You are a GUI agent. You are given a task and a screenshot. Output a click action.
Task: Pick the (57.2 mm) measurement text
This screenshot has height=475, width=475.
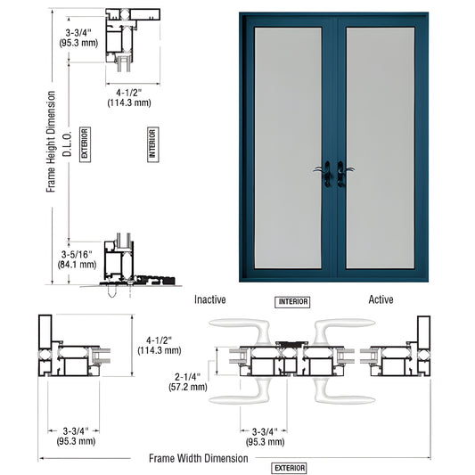(x=188, y=387)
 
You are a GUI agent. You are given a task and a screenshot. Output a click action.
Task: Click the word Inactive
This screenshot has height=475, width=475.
(x=210, y=300)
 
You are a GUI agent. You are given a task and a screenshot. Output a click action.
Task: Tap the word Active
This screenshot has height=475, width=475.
(x=381, y=300)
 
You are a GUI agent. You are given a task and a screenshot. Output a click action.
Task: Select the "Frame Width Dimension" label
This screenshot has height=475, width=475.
(x=199, y=458)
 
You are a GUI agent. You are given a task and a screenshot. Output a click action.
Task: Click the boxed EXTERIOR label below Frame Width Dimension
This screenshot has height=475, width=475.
(x=290, y=468)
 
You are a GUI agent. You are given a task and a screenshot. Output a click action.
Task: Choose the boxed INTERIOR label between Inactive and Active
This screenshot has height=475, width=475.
(x=292, y=302)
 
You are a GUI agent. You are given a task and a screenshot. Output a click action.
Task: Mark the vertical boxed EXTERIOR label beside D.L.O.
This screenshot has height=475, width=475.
(x=85, y=143)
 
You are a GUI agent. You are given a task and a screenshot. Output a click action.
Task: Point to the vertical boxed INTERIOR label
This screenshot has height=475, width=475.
(x=152, y=144)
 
